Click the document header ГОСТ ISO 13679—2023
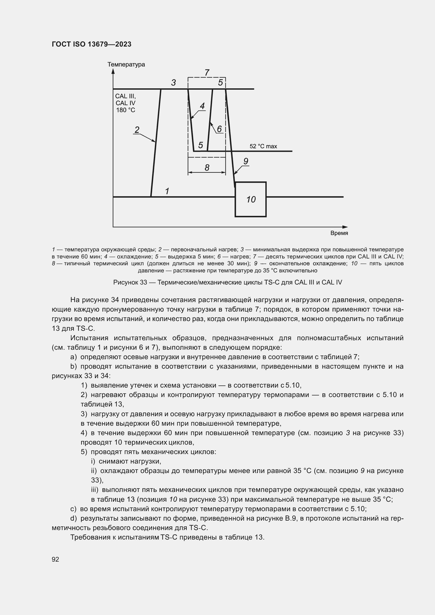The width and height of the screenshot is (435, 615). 91,44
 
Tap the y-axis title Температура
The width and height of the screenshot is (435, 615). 126,65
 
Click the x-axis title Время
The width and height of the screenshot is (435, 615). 339,233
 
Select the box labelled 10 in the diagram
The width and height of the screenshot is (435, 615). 250,199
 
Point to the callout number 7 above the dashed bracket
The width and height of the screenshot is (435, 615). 207,72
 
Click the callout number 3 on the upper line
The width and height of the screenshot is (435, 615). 173,83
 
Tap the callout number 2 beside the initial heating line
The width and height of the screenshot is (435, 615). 137,130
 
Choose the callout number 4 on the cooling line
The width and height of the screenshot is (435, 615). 202,106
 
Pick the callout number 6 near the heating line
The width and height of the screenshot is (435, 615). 219,129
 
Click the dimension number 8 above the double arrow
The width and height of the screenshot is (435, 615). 207,168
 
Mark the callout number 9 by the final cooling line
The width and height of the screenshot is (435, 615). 246,161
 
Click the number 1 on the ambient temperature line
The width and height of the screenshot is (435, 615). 167,191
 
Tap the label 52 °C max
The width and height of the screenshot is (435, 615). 263,146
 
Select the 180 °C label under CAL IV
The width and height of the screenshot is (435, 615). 125,110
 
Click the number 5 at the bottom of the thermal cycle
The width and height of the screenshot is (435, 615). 200,145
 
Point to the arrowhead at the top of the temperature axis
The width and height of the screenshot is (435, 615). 113,71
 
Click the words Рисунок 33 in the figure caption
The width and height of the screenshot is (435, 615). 130,282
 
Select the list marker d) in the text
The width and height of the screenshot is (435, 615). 74,518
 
